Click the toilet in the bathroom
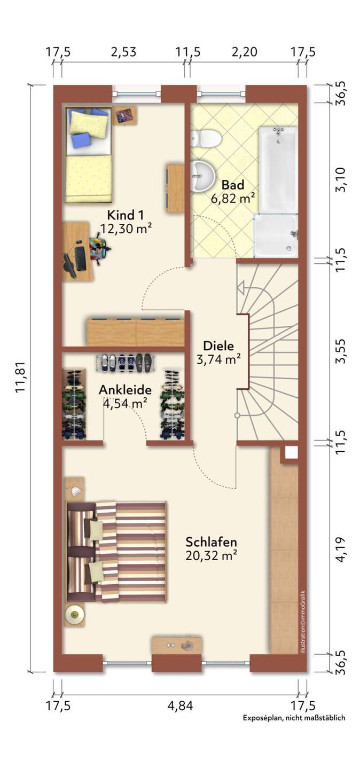point(206,138)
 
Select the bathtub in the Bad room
point(278,170)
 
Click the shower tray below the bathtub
point(275,236)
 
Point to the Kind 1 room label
point(126,215)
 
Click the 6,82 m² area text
point(233,198)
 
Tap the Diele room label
point(218,346)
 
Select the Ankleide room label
point(125,390)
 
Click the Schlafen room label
point(212,542)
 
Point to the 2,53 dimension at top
point(123,52)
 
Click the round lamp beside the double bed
point(74,612)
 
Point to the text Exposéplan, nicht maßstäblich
point(294,718)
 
